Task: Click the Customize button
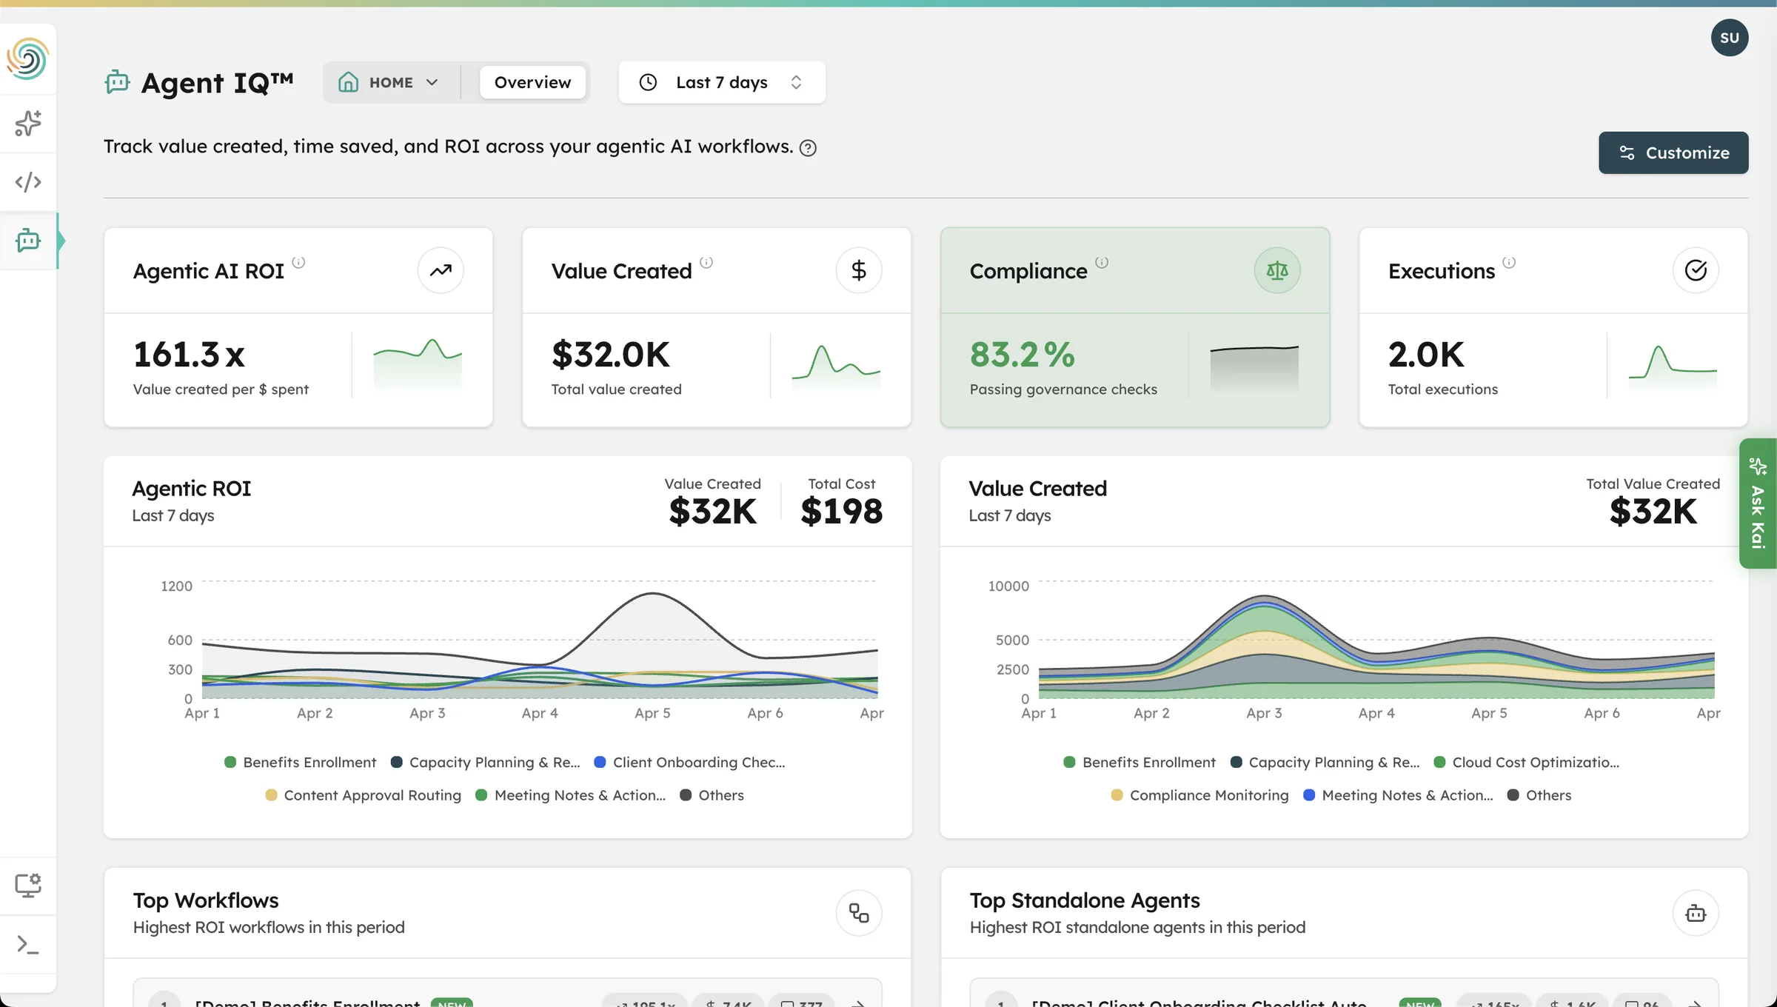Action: click(1673, 153)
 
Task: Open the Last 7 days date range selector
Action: click(721, 82)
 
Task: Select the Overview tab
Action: click(532, 82)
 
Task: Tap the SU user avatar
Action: click(1729, 38)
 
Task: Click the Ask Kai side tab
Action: click(1758, 503)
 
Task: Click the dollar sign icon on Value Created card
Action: click(858, 270)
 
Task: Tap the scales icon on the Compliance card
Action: click(1276, 270)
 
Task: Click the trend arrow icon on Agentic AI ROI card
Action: click(441, 270)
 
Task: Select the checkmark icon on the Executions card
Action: click(1695, 270)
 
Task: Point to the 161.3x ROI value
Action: click(189, 355)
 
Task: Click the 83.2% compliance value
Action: click(1022, 355)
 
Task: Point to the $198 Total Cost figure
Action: click(841, 511)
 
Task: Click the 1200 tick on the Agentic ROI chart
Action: click(176, 586)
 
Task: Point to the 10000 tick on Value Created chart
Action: click(1008, 586)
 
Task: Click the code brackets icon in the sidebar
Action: click(28, 181)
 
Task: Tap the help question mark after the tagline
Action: click(808, 148)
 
